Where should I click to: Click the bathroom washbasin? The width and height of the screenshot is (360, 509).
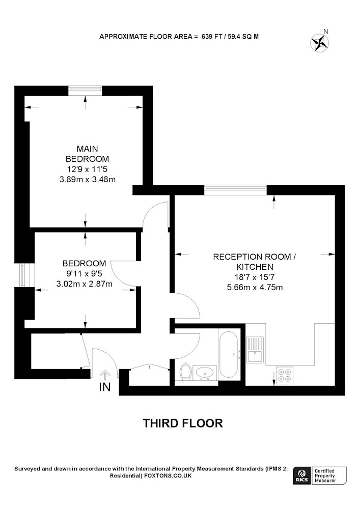[x=205, y=373]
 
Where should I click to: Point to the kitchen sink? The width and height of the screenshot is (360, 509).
[x=256, y=349]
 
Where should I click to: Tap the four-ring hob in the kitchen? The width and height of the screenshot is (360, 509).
[x=284, y=376]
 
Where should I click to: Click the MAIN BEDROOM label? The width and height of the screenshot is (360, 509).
[x=87, y=154]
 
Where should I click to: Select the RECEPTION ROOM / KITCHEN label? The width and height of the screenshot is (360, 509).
[x=255, y=262]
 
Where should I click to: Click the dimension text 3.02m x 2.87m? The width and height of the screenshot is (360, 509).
[x=85, y=284]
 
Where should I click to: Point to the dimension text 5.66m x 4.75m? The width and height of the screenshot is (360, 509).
[x=255, y=287]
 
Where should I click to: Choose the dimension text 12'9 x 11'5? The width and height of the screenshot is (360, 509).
[x=87, y=169]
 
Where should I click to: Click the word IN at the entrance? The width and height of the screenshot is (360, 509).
[x=105, y=387]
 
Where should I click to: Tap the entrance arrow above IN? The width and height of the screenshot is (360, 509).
[x=105, y=375]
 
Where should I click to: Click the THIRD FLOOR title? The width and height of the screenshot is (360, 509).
[x=183, y=423]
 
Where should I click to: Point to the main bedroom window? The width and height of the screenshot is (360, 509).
[x=86, y=91]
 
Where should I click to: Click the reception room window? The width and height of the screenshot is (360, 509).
[x=236, y=190]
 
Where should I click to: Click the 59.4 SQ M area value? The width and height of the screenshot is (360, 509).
[x=243, y=36]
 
